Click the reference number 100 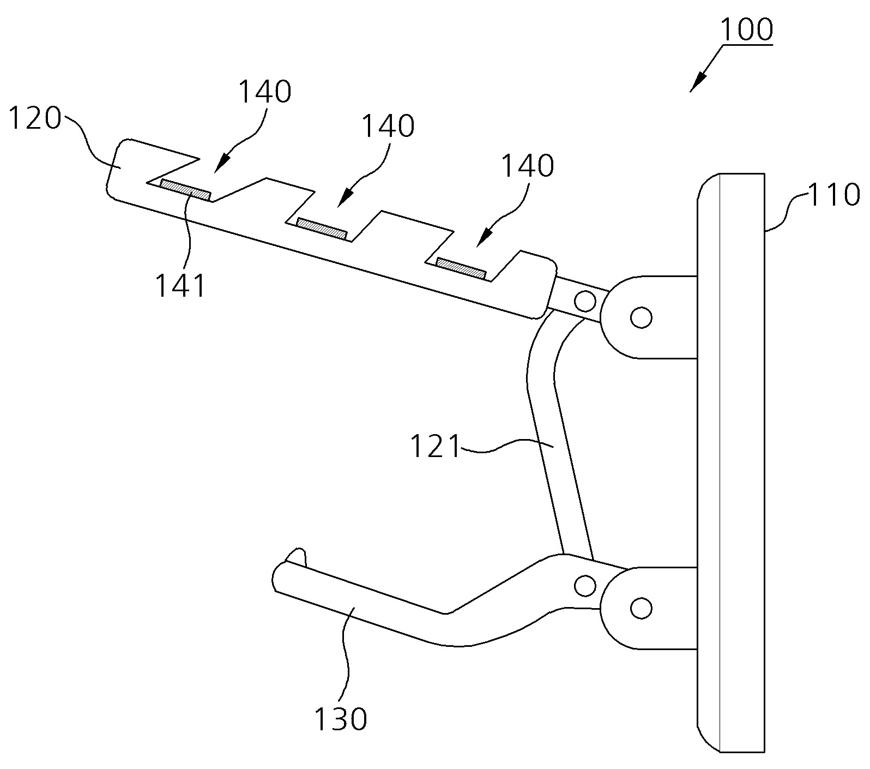click(747, 30)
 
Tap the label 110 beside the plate click(832, 195)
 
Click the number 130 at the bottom click(341, 719)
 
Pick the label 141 click(182, 285)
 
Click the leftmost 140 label click(265, 92)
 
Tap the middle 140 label click(388, 127)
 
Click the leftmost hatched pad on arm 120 click(186, 189)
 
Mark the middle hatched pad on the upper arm click(322, 228)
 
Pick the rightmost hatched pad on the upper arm click(461, 268)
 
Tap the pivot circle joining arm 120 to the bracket click(585, 299)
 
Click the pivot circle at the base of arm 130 click(585, 586)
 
